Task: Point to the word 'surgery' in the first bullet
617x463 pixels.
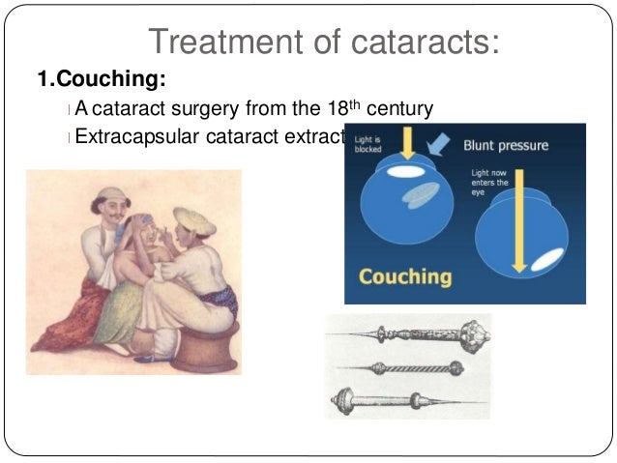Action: [x=223, y=107]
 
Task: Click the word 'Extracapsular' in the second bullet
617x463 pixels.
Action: [x=134, y=136]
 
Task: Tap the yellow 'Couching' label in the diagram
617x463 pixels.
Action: [x=405, y=276]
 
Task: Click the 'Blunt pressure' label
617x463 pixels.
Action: [x=505, y=146]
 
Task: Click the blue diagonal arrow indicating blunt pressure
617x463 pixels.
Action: [x=438, y=145]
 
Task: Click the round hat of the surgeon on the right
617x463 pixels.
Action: [x=194, y=219]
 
